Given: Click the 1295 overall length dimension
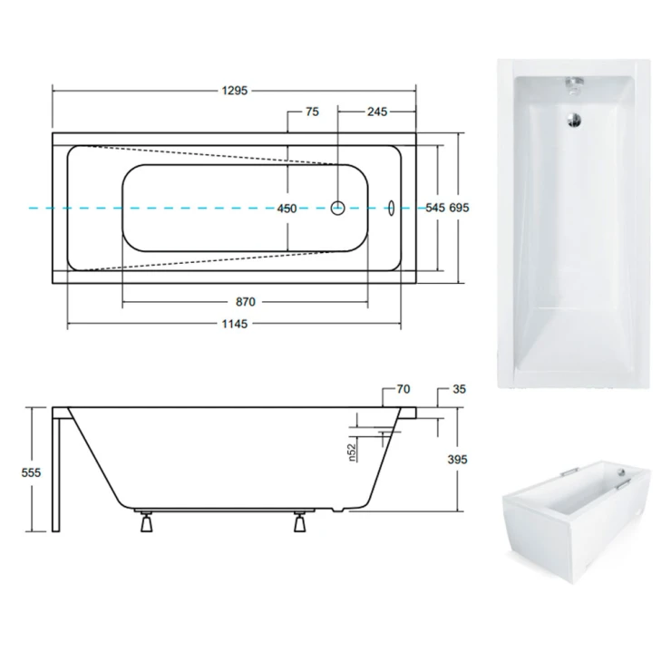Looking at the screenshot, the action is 235,91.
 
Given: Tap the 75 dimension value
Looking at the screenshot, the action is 313,112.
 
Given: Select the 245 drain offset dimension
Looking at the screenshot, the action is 377,112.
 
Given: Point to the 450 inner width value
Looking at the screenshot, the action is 287,209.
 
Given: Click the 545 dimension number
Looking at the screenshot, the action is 435,208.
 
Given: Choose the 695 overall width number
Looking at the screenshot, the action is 459,208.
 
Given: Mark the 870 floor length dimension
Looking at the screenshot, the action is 245,302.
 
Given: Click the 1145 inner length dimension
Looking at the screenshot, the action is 235,324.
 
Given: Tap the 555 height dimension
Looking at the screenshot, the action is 31,472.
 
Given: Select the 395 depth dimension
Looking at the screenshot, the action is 457,460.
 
